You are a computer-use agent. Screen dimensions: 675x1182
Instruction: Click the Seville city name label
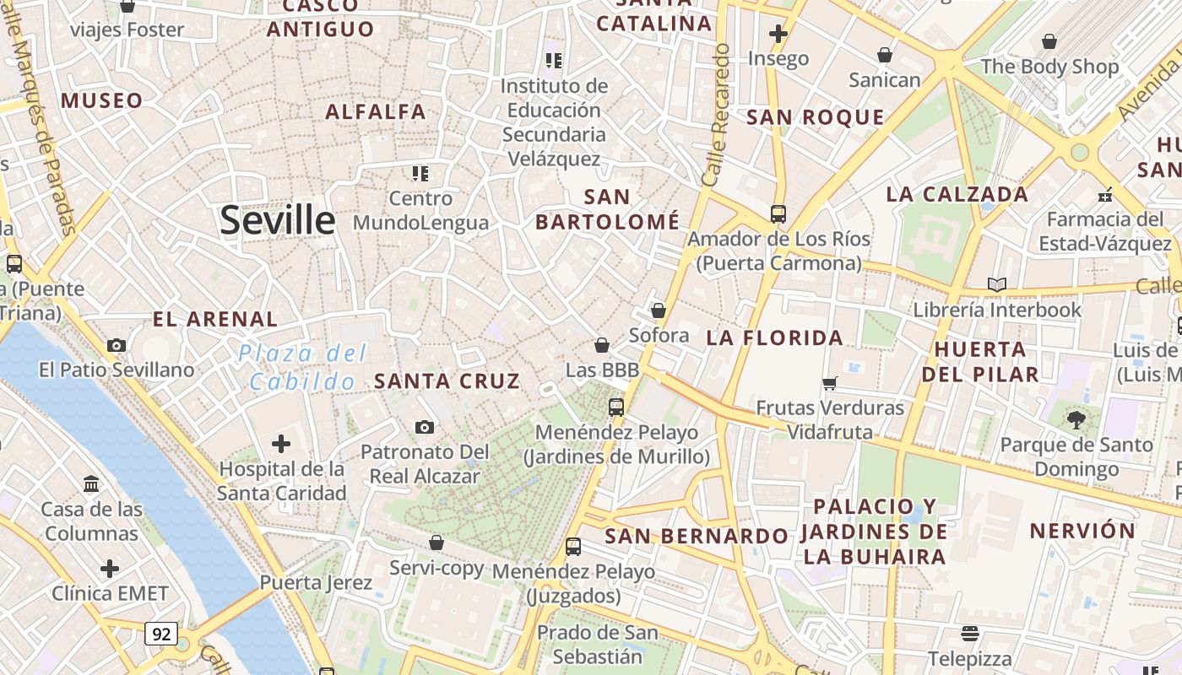pyautogui.click(x=278, y=220)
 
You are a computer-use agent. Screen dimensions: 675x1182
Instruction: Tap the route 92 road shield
pyautogui.click(x=160, y=634)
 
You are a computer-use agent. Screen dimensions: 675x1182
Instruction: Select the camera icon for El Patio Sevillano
pyautogui.click(x=117, y=345)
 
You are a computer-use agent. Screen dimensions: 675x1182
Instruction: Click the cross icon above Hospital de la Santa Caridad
pyautogui.click(x=281, y=444)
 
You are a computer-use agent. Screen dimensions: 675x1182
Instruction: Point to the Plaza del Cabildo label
pyautogui.click(x=302, y=367)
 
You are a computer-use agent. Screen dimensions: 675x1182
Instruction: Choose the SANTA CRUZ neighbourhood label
pyautogui.click(x=447, y=381)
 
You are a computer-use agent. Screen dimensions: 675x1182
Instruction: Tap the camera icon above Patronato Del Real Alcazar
pyautogui.click(x=425, y=428)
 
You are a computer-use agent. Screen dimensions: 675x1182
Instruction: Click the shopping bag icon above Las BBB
pyautogui.click(x=602, y=345)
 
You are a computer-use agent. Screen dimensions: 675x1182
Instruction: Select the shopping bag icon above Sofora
pyautogui.click(x=659, y=310)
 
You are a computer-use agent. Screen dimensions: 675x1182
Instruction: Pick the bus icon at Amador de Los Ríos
pyautogui.click(x=778, y=213)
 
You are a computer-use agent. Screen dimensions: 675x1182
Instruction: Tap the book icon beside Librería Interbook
pyautogui.click(x=997, y=284)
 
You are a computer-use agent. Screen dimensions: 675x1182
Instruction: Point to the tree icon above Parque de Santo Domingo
pyautogui.click(x=1076, y=418)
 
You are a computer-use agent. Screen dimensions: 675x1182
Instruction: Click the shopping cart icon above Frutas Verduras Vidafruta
pyautogui.click(x=830, y=383)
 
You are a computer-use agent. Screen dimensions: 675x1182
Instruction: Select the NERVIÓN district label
pyautogui.click(x=1082, y=531)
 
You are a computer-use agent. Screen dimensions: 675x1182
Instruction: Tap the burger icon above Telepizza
pyautogui.click(x=970, y=633)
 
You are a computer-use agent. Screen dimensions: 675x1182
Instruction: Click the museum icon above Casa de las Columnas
pyautogui.click(x=91, y=484)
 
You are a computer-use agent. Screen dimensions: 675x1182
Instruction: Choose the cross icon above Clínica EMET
pyautogui.click(x=110, y=568)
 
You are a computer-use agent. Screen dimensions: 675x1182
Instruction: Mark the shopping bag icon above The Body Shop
pyautogui.click(x=1049, y=41)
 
